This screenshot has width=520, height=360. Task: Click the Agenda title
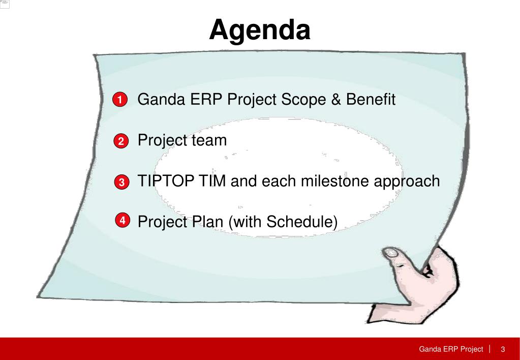coord(260,31)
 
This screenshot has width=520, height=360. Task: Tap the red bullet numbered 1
coord(120,100)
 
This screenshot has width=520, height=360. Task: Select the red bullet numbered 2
coord(121,141)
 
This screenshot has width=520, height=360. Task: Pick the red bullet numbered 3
coord(121,182)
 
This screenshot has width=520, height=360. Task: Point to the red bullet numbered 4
coord(123,220)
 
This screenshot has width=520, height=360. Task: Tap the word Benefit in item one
coord(371,99)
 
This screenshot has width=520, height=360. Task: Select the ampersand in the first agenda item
coord(336,99)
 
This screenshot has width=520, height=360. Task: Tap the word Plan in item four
coord(207,221)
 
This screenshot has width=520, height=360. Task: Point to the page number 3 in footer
coord(503,349)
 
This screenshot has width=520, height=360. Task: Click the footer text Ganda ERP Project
coord(451,349)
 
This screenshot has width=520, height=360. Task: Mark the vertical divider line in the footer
coord(490,349)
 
